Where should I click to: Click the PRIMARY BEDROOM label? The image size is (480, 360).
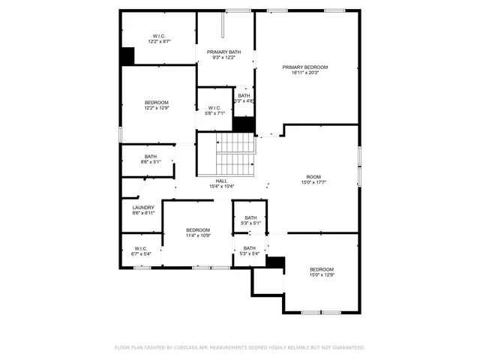304,67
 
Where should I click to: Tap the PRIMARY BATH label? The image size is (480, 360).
224,52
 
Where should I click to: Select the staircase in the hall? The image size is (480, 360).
236,154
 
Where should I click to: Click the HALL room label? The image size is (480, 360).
221,181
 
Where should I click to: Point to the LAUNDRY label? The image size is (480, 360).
143,208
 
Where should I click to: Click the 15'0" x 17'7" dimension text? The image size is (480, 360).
313,182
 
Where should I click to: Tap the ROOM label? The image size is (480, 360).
313,176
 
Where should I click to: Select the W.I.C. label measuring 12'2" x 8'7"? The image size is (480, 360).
159,36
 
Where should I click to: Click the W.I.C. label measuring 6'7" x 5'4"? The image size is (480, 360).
141,248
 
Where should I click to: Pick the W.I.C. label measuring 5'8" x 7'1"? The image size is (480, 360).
214,107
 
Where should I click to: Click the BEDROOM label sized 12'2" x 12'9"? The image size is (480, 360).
156,102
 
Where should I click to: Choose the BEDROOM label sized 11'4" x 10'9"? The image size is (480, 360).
198,229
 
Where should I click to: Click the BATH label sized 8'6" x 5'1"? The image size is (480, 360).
151,156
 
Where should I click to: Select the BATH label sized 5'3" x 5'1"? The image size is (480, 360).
250,217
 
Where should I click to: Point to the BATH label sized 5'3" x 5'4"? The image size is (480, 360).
249,248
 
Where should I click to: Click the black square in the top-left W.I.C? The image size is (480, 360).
127,56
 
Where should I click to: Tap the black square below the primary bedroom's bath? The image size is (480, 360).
244,124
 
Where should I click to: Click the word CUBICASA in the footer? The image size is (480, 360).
190,347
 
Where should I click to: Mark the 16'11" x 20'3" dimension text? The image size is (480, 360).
304,73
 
